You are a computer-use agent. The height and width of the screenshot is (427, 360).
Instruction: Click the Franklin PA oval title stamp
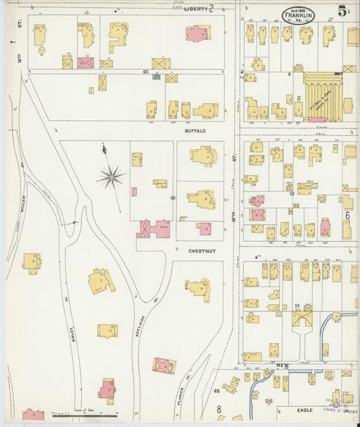coord(298,14)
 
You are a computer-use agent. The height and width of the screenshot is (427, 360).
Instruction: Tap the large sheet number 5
coord(343,11)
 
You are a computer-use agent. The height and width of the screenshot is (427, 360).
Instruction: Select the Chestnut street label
coord(201,251)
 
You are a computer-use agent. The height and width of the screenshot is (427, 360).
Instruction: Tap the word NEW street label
coord(282,365)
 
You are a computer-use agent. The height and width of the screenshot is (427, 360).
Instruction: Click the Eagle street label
coord(306,409)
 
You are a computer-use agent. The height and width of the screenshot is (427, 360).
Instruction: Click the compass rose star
coord(110,178)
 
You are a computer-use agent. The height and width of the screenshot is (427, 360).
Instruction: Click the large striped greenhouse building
coord(323,97)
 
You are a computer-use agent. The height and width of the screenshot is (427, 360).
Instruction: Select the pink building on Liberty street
coord(197,33)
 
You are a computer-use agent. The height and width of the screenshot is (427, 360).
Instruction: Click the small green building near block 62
coord(156,76)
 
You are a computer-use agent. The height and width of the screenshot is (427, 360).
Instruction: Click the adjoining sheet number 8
coord(219,409)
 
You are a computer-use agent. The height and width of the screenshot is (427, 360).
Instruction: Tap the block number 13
coord(297,307)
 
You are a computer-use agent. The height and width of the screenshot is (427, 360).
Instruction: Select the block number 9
coord(288,73)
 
